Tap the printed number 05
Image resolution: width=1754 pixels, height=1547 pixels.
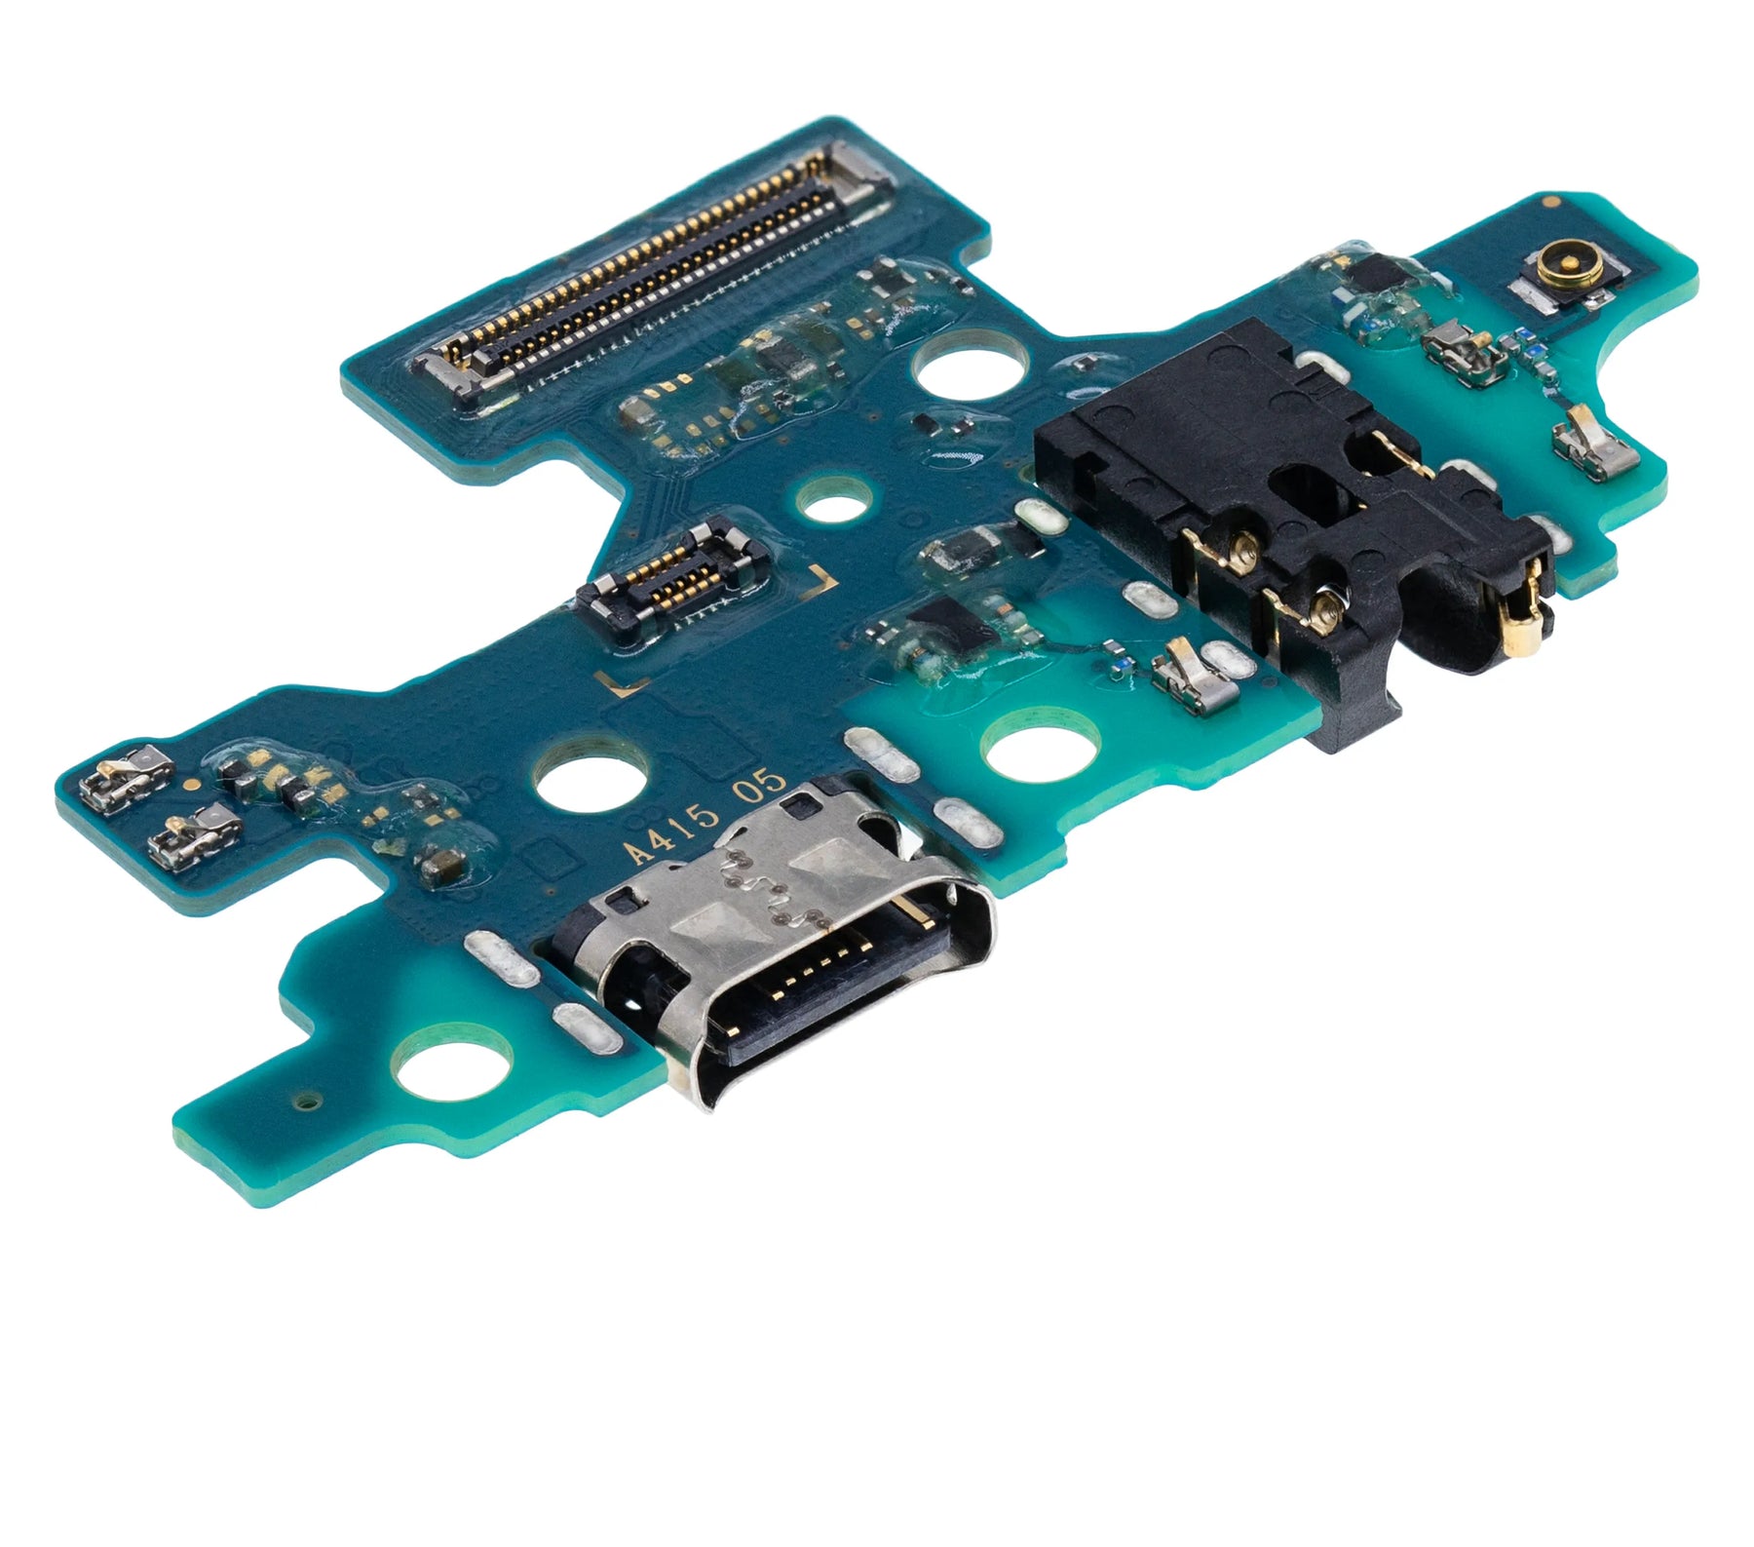(x=759, y=786)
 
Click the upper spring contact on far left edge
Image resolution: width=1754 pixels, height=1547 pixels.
(x=127, y=775)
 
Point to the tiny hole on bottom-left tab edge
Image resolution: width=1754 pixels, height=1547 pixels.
(x=309, y=1102)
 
